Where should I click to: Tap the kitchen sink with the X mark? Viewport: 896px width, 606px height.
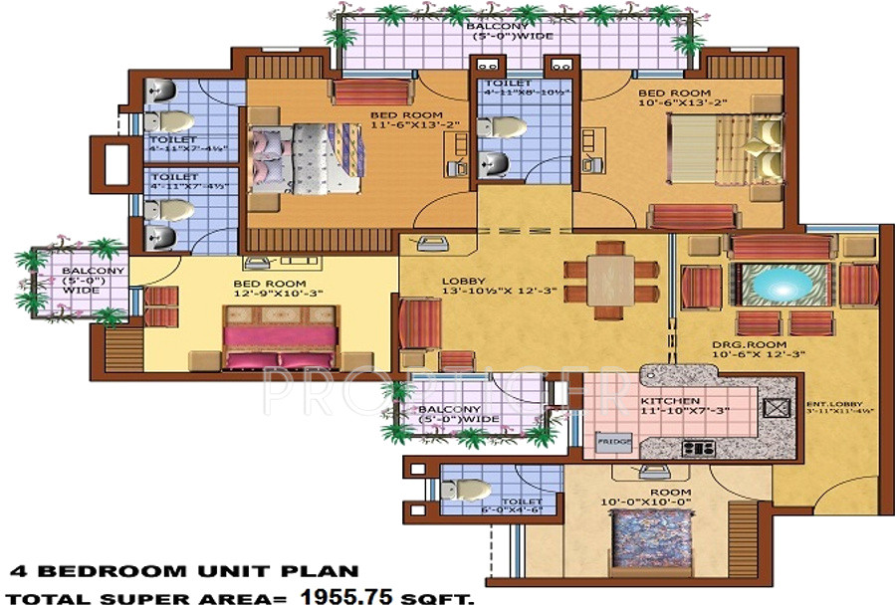click(774, 407)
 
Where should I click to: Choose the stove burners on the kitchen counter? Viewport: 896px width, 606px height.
click(693, 448)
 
